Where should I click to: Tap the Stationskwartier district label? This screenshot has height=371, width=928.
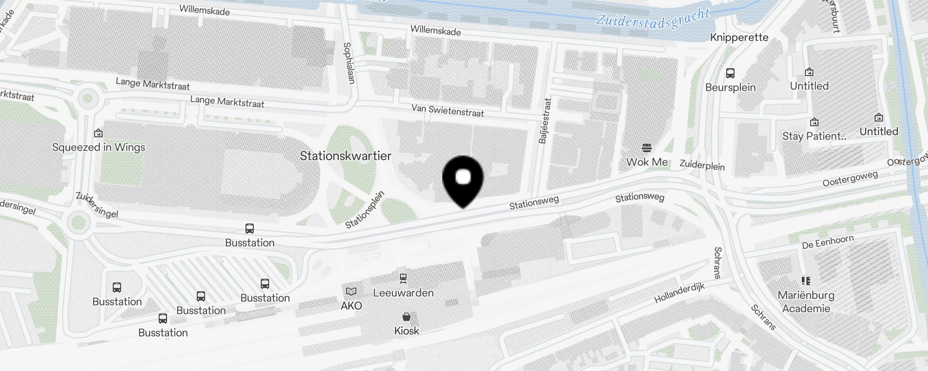coord(345,156)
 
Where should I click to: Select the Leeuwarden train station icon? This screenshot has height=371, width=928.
coord(403,278)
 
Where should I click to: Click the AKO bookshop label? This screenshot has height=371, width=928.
coord(351,306)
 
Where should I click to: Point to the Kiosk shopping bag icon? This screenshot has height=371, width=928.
coord(406,317)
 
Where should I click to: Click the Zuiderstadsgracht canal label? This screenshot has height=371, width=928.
coord(652,19)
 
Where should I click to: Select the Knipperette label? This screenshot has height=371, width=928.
coord(739,38)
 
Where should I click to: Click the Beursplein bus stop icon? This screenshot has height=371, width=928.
coord(730,73)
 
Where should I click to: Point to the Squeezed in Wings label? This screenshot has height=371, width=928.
coord(98,147)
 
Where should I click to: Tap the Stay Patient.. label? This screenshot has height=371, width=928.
coord(814,136)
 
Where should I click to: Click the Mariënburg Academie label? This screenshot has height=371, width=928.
coord(806,302)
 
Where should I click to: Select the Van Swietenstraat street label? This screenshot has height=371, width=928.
coord(447,111)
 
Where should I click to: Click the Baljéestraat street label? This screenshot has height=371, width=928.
coord(545,121)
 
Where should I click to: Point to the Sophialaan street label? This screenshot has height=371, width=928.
coord(349,64)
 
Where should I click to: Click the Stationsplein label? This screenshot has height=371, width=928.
coord(365,210)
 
